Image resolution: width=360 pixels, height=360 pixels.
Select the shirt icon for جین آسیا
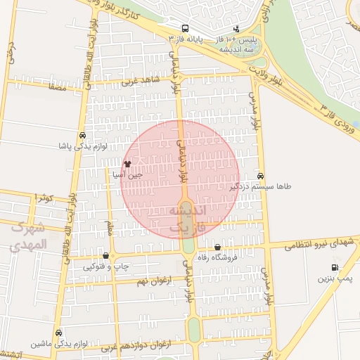pos(127,163)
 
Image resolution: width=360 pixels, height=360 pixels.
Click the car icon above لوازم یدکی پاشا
pos(83,135)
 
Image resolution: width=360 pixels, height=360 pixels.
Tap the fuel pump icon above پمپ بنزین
pos(334,267)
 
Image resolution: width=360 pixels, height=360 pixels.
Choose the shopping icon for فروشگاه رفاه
pos(217,247)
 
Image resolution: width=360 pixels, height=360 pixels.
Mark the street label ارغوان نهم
pos(153,280)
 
